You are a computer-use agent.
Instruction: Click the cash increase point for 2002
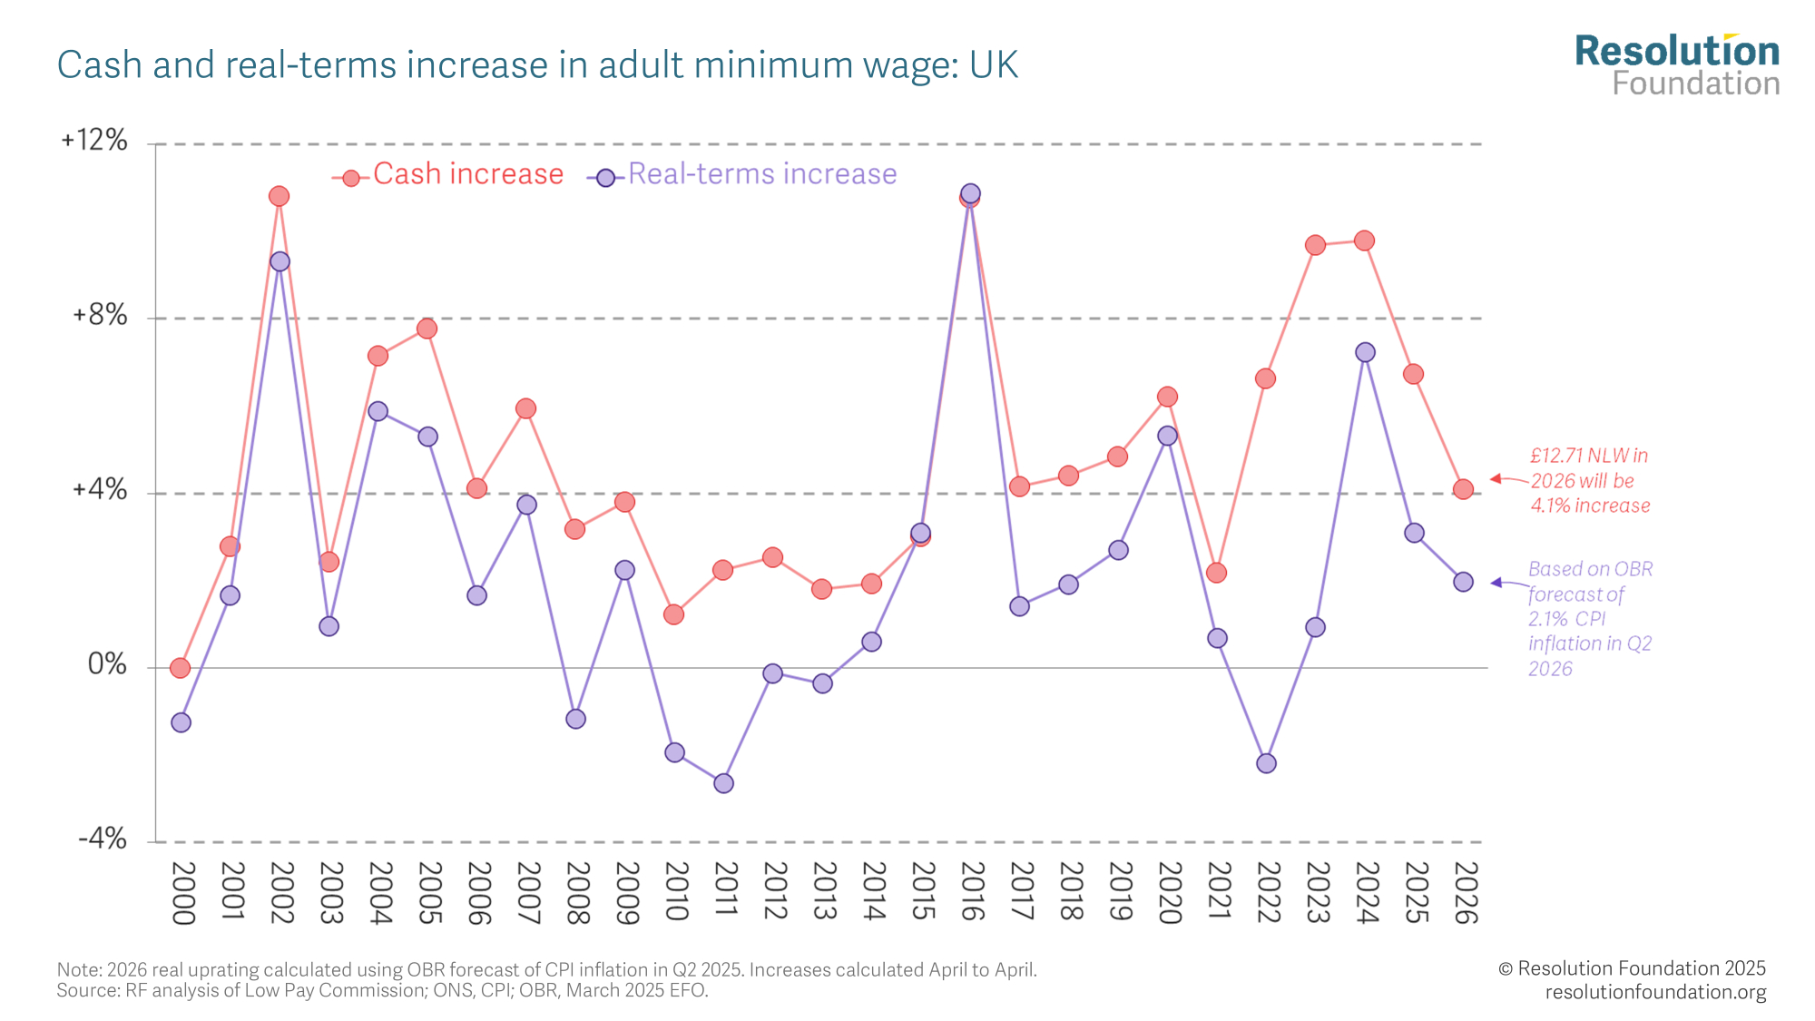coord(279,196)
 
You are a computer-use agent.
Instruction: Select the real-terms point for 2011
coord(723,783)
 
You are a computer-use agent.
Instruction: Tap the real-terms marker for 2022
coord(1266,763)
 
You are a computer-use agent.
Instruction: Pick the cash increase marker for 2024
coord(1364,241)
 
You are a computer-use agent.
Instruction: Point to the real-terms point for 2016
coord(970,193)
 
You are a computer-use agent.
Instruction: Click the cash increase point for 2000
coord(180,668)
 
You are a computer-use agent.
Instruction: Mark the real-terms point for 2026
coord(1463,582)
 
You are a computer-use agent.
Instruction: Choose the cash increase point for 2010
coord(673,614)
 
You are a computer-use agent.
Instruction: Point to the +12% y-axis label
coord(93,141)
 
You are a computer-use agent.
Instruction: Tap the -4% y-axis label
coord(102,839)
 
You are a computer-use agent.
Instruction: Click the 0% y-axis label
coord(107,665)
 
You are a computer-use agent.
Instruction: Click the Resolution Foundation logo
coord(1677,65)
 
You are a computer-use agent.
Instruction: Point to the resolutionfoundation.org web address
coord(1655,992)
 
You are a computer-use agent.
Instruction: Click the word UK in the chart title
coord(994,65)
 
